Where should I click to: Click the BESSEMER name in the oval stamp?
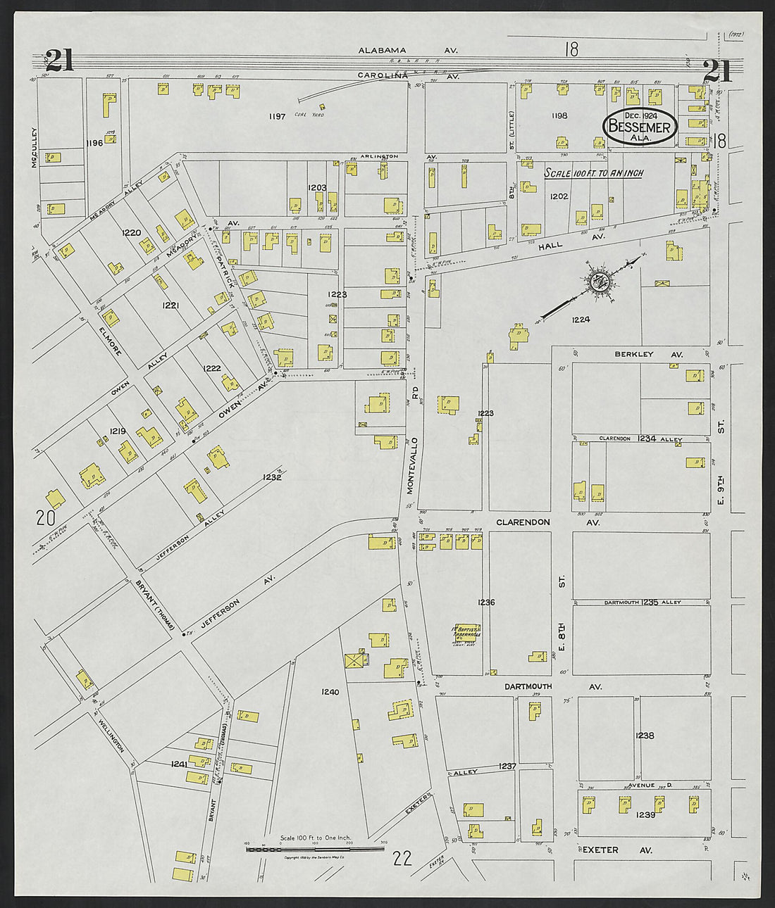(x=639, y=127)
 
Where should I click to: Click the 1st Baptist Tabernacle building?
(x=466, y=632)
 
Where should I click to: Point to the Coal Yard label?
(x=312, y=115)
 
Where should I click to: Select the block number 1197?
(x=277, y=116)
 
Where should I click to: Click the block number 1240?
(x=330, y=692)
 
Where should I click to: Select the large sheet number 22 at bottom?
(x=402, y=857)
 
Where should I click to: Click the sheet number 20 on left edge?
(x=46, y=519)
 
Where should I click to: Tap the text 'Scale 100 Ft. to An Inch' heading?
(x=593, y=173)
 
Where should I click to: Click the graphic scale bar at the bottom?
(x=315, y=850)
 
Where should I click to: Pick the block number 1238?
(x=645, y=736)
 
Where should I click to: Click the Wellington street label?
(x=111, y=736)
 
